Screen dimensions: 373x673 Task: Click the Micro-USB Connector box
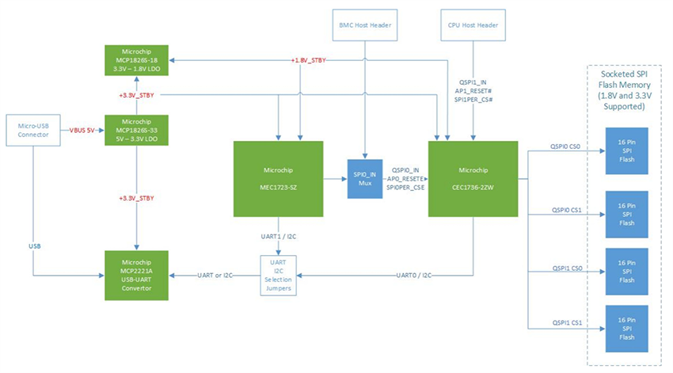coord(32,131)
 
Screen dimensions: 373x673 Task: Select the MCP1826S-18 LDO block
coord(136,60)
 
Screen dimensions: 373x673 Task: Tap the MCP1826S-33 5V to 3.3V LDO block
coord(136,131)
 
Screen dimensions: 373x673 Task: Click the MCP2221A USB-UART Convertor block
coord(136,275)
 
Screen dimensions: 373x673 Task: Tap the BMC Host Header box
coord(363,25)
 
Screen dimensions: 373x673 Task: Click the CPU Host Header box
coord(473,25)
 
